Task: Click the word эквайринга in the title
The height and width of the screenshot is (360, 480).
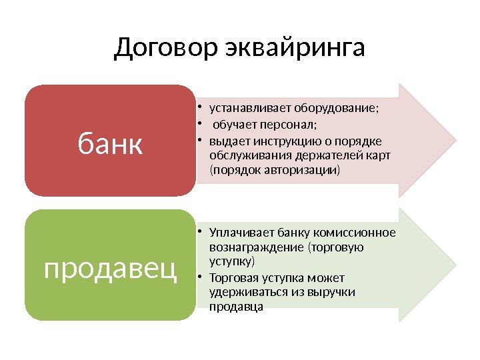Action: pyautogui.click(x=295, y=48)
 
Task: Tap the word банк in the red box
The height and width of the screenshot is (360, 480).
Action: pyautogui.click(x=111, y=142)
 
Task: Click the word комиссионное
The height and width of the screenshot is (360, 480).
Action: pyautogui.click(x=360, y=233)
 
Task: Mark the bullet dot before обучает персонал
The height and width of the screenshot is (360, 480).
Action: pyautogui.click(x=201, y=125)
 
